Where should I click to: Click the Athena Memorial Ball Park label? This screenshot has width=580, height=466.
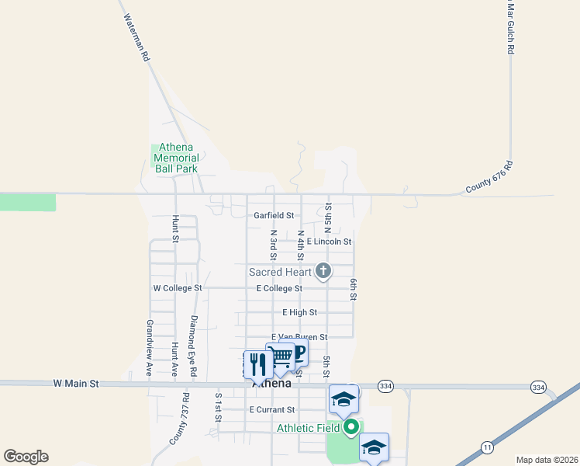(176, 158)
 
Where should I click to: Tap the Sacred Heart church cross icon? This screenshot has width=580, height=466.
(323, 271)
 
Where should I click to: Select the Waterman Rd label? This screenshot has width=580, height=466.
(135, 38)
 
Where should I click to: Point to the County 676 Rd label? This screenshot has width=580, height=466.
(490, 178)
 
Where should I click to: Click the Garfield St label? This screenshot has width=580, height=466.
(274, 215)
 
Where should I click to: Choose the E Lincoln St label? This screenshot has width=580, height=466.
(329, 242)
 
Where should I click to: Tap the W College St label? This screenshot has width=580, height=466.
(178, 288)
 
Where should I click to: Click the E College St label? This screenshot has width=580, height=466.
(279, 288)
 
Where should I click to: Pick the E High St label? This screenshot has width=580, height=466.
(299, 312)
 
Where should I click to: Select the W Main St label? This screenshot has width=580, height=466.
(76, 383)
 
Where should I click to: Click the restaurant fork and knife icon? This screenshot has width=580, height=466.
(257, 363)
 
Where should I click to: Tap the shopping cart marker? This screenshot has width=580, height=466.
(280, 356)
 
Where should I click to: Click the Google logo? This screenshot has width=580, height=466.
(26, 457)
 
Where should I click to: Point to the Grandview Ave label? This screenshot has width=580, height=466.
(149, 347)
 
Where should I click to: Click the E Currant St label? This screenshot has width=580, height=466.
(271, 409)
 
